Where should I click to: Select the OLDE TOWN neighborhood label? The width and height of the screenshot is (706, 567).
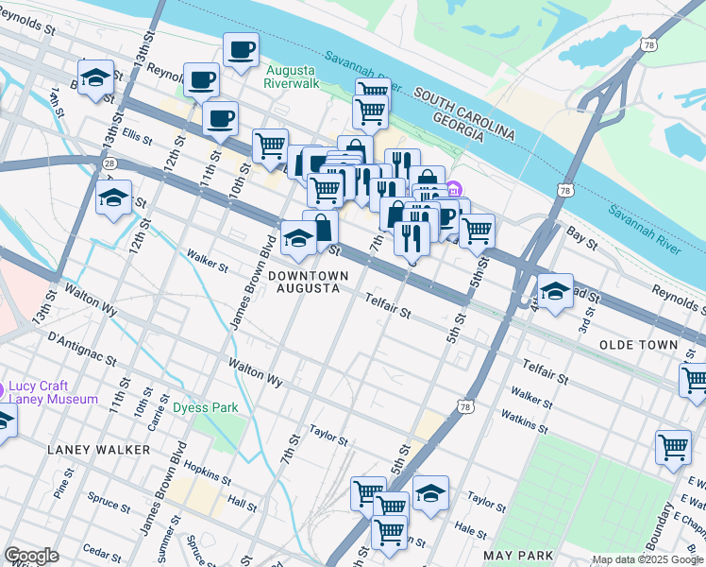pyautogui.click(x=638, y=345)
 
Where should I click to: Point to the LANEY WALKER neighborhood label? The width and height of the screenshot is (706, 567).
pyautogui.click(x=98, y=450)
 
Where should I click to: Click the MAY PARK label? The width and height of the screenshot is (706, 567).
pyautogui.click(x=516, y=555)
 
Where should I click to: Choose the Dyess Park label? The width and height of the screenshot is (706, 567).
pyautogui.click(x=205, y=408)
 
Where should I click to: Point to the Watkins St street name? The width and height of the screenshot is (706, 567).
pyautogui.click(x=525, y=421)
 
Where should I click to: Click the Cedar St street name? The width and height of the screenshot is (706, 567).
pyautogui.click(x=102, y=549)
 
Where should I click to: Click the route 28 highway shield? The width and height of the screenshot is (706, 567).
pyautogui.click(x=110, y=163)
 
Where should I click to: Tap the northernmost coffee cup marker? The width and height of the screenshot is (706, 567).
pyautogui.click(x=241, y=49)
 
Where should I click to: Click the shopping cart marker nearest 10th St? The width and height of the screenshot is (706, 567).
pyautogui.click(x=270, y=146)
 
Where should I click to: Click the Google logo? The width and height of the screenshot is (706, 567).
pyautogui.click(x=31, y=556)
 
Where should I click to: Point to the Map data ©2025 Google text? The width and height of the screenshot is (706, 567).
pyautogui.click(x=647, y=559)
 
